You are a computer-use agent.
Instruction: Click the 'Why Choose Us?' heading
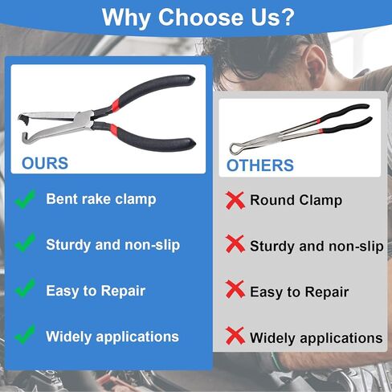(x=198, y=18)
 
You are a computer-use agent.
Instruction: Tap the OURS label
(x=45, y=163)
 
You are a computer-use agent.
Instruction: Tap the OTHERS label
(x=260, y=165)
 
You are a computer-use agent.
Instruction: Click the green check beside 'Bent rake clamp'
(x=25, y=199)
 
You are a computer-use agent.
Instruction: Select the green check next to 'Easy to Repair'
(x=25, y=288)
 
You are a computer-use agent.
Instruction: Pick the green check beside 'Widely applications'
(x=25, y=334)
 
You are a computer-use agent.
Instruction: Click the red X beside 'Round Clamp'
(x=235, y=200)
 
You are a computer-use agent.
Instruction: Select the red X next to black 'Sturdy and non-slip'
(x=235, y=244)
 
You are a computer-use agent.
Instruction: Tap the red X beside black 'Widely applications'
(x=235, y=336)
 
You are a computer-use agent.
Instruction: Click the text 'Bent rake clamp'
(x=101, y=199)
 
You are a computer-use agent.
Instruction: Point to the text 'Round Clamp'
(x=296, y=200)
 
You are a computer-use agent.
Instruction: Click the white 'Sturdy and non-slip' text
(x=112, y=245)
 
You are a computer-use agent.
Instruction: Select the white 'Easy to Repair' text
(x=96, y=291)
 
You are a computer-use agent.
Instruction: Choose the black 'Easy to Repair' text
(x=299, y=292)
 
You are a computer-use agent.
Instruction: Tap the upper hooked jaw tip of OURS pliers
(x=22, y=117)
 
